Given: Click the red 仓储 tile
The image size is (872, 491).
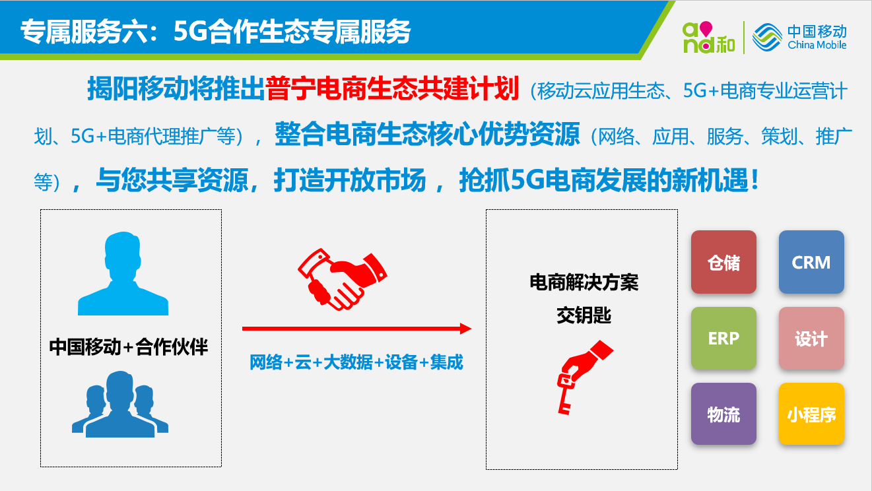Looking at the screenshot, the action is coord(723,262).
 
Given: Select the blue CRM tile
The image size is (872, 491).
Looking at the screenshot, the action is coord(811,262).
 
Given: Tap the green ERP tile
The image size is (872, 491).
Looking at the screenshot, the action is coord(723,338).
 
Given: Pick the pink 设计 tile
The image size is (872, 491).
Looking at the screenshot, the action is coord(811,338).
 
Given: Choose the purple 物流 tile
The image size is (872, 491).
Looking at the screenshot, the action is coord(723,414).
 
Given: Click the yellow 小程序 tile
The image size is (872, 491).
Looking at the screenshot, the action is coord(811,414).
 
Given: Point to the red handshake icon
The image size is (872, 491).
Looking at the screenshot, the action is coord(343,279).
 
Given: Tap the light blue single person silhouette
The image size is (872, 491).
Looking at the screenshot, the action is coord(123,273).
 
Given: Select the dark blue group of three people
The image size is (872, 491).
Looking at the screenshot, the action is coord(120,405).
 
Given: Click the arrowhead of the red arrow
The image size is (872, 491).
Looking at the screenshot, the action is coord(466,329).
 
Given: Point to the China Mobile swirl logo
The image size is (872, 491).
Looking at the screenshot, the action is coord(767,38).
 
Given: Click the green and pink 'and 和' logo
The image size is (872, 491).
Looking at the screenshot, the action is coord(708,38).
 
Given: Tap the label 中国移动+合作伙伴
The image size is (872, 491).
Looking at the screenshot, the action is coord(129,346).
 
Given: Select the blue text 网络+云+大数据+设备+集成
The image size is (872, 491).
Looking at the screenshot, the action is coord(356,362).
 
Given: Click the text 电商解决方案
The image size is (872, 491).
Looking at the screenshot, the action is coord(584,282).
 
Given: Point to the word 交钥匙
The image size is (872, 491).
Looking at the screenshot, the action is coord(584,315).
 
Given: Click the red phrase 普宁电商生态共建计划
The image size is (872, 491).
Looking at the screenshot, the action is coord(392,89).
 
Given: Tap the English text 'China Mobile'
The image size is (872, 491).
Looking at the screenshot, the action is coord(817,45).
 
